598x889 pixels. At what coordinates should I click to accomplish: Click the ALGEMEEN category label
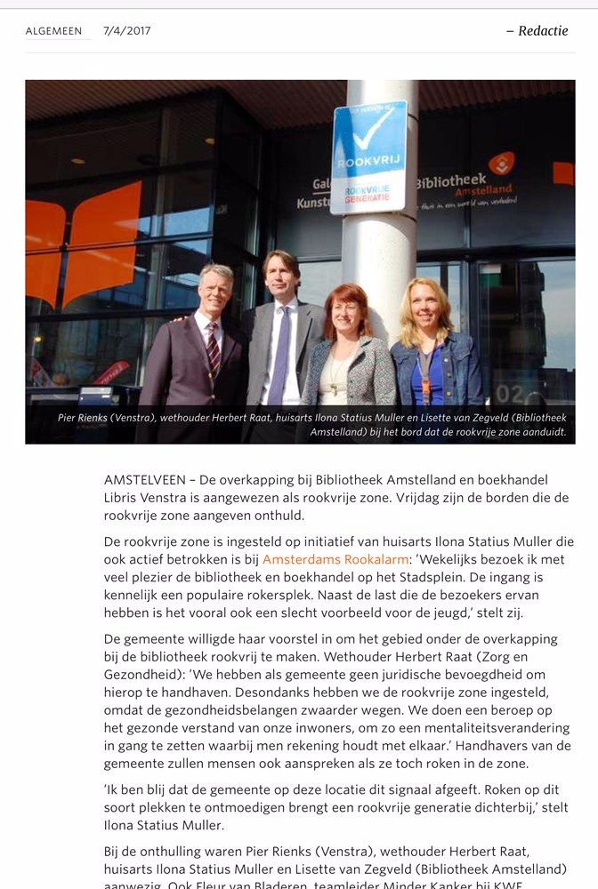coord(53,31)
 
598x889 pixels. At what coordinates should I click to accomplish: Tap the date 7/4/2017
coord(126,31)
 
